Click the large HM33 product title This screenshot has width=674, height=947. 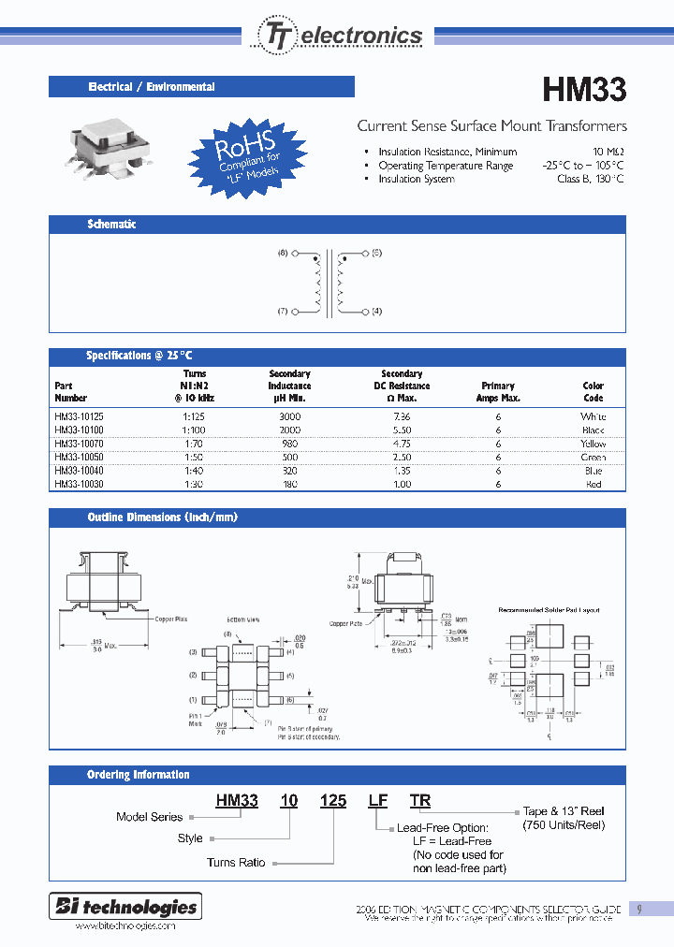[x=584, y=90]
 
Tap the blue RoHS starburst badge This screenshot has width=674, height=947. [x=248, y=153]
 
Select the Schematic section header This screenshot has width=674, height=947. [x=111, y=225]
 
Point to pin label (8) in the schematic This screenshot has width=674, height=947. [x=283, y=254]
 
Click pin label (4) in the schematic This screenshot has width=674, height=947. [x=376, y=311]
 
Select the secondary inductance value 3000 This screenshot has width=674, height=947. [x=289, y=415]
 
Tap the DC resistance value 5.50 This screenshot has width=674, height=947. [x=402, y=430]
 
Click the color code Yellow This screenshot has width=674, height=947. [x=593, y=444]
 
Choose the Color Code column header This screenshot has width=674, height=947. [x=593, y=391]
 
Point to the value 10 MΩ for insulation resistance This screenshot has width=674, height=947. [x=608, y=152]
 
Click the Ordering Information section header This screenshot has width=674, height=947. [x=139, y=775]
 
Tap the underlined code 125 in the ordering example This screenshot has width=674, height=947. [x=332, y=800]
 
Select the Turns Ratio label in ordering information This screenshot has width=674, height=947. [x=236, y=863]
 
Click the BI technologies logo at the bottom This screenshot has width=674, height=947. [x=124, y=907]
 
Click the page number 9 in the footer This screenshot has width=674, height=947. [x=639, y=909]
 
